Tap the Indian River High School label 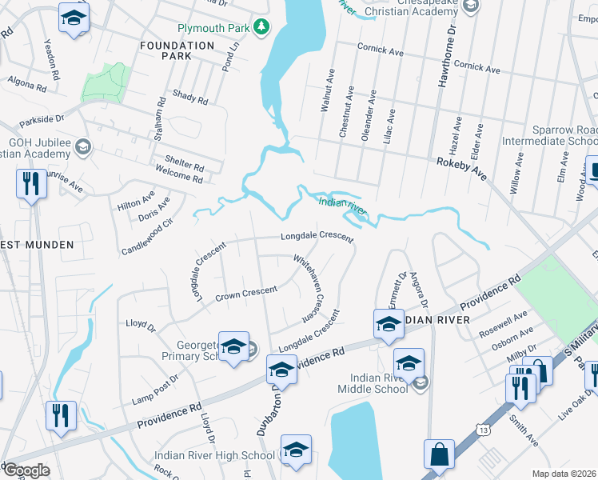(x=214, y=456)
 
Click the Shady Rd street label (x=190, y=98)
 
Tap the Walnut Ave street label (x=325, y=90)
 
